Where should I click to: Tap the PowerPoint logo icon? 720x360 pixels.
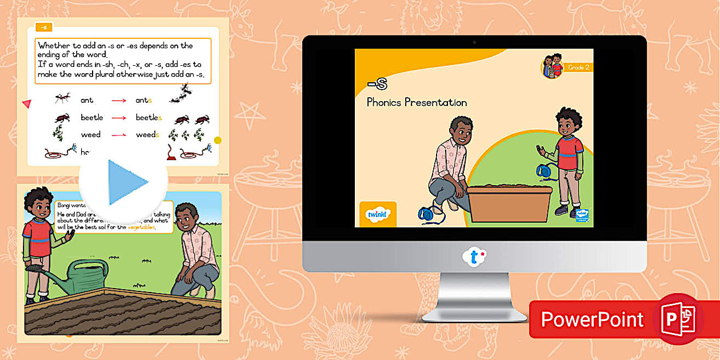678,318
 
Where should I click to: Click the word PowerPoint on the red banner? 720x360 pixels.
592,319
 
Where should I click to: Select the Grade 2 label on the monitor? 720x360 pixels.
578,67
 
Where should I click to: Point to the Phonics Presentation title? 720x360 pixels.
417,103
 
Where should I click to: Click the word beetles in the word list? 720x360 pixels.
149,118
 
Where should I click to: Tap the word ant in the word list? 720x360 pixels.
87,101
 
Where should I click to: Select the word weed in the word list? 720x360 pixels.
90,135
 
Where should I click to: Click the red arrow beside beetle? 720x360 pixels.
119,118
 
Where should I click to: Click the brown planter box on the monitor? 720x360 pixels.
510,203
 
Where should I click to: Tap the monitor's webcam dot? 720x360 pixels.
474,42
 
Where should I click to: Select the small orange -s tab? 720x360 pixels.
43,27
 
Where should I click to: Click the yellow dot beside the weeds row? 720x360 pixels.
217,141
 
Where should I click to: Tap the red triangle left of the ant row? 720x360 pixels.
26,103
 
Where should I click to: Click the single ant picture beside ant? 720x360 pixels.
63,98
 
